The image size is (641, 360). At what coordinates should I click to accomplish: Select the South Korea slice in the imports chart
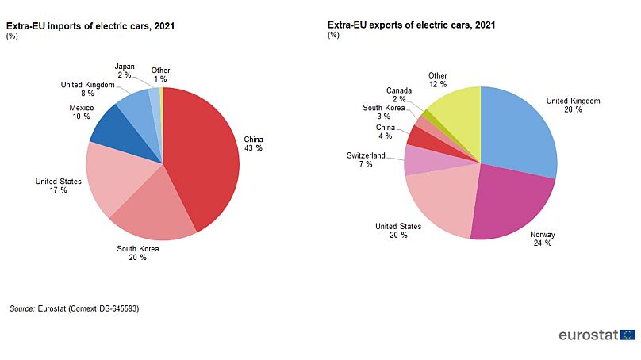click(x=159, y=210)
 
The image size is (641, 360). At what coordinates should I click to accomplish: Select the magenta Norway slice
click(x=512, y=202)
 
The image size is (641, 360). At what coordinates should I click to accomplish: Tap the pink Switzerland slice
click(x=419, y=160)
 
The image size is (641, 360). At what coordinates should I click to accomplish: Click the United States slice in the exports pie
click(x=440, y=202)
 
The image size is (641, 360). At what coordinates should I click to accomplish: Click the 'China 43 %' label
click(x=254, y=144)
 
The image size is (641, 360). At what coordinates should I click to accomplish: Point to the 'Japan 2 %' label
click(x=125, y=71)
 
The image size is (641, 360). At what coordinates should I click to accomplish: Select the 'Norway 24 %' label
click(x=543, y=239)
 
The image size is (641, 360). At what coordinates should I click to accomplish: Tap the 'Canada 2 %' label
click(x=399, y=95)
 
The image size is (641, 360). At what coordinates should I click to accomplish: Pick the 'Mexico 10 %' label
click(x=82, y=112)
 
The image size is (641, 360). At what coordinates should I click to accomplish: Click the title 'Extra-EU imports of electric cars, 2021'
click(x=90, y=25)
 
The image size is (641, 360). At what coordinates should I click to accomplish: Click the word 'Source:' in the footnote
click(x=22, y=308)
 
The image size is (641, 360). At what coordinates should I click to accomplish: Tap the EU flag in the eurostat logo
click(x=629, y=335)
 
